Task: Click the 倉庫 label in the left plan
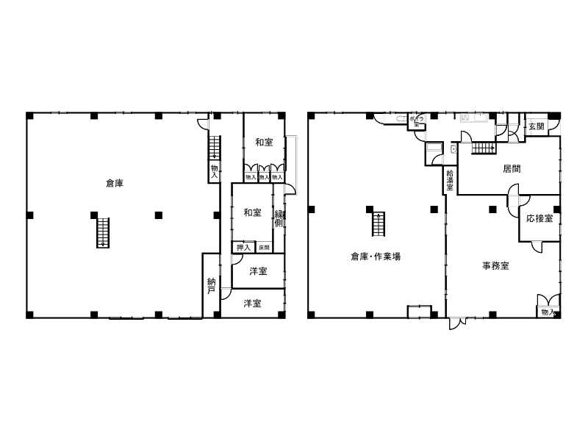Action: (x=114, y=183)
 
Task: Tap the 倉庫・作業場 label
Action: (x=375, y=257)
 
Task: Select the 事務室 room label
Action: (x=496, y=266)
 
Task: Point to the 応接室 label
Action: (x=539, y=218)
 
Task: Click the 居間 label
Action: (x=512, y=168)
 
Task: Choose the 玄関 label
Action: (x=537, y=126)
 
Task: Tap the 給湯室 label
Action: (x=450, y=180)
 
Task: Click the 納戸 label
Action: (x=212, y=286)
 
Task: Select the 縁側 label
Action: (x=279, y=218)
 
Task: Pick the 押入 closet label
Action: (x=242, y=247)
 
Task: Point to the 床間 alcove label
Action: (x=263, y=247)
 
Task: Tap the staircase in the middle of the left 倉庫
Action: (x=104, y=233)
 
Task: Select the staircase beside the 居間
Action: (x=482, y=148)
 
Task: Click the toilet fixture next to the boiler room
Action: (x=402, y=118)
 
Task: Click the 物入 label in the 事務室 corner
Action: (x=547, y=312)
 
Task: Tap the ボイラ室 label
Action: (x=415, y=122)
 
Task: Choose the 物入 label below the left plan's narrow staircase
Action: (x=215, y=171)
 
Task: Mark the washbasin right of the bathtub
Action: (x=453, y=149)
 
